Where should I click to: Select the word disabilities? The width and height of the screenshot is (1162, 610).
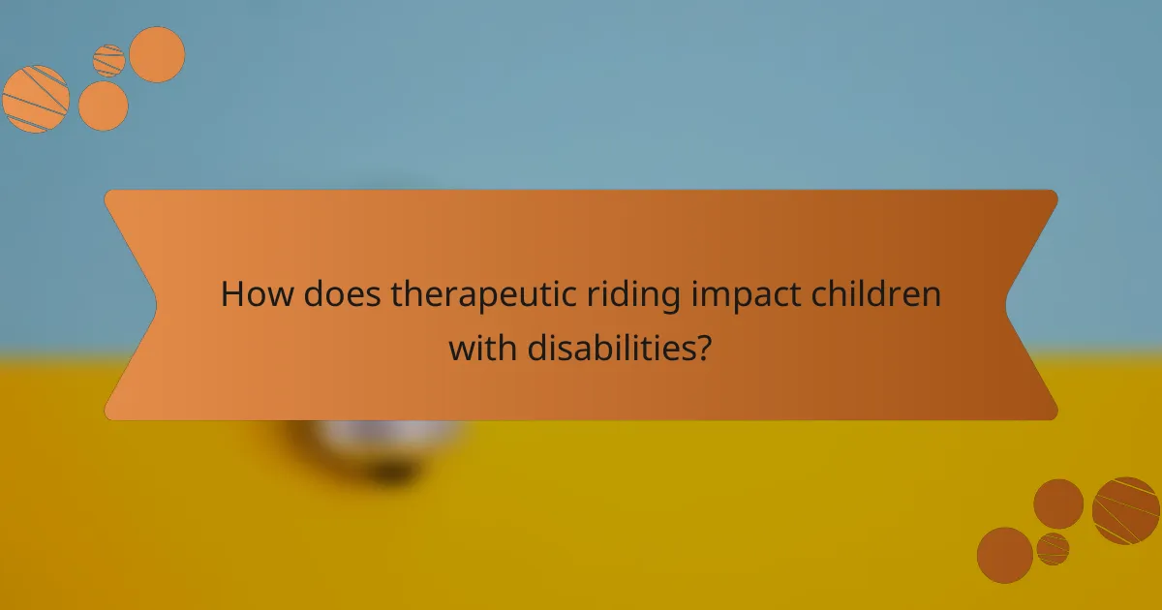610,347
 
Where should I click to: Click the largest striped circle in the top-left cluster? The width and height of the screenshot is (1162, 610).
36,99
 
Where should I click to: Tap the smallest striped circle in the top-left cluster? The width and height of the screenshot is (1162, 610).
109,60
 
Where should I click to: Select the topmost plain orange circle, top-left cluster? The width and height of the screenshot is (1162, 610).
157,54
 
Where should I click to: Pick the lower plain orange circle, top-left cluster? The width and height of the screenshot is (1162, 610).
104,107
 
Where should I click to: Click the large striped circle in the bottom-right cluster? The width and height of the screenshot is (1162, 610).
1126,510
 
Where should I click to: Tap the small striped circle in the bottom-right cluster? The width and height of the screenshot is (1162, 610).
1053,548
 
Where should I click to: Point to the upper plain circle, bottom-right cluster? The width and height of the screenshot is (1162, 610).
1058,503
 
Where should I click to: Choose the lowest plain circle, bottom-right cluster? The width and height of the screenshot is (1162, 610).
1005,556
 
